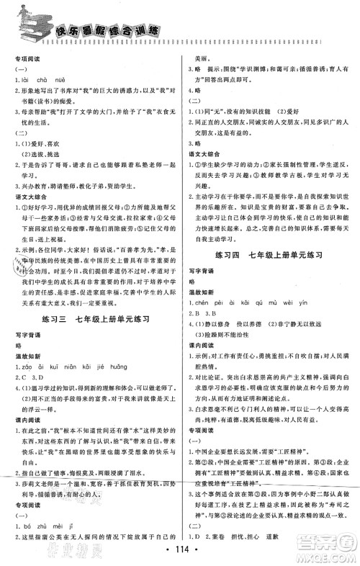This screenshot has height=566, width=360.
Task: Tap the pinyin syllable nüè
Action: point(70,70)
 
